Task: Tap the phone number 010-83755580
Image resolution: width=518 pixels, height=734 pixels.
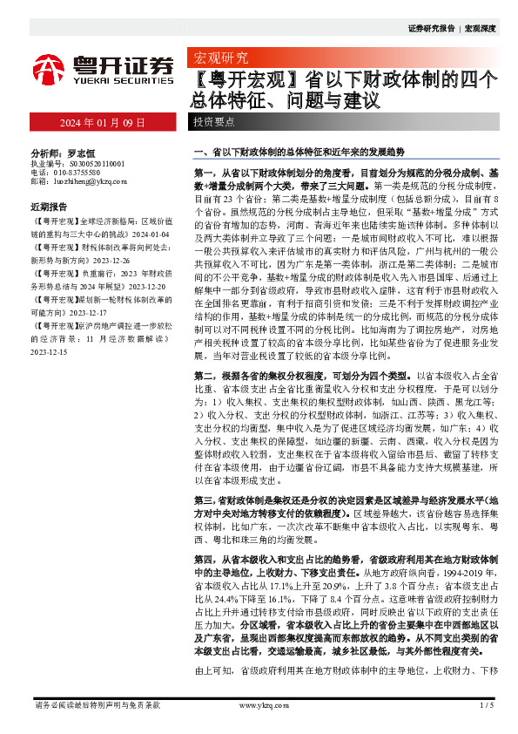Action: (x=84, y=173)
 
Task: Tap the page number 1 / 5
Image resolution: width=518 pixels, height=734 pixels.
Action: (x=485, y=704)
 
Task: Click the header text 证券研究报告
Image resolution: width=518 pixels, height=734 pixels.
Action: (x=434, y=29)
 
